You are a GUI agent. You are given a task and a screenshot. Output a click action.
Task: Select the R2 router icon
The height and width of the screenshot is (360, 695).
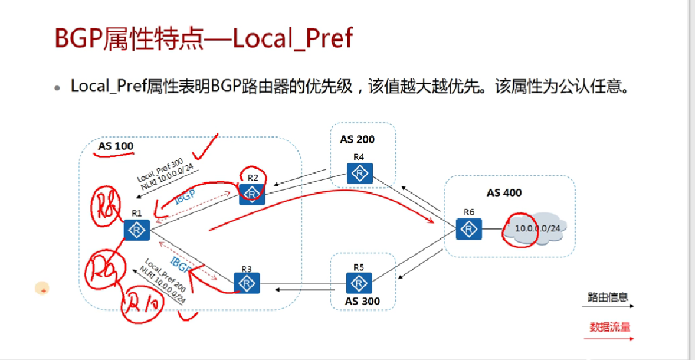[252, 193]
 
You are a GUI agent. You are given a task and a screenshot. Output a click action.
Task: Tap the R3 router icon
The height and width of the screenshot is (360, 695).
[246, 283]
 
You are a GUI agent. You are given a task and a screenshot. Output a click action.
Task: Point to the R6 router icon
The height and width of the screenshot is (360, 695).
[469, 228]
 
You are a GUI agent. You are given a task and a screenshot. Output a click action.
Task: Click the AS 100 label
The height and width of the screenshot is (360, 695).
[116, 146]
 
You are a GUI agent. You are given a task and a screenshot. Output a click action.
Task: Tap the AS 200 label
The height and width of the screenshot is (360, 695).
[357, 140]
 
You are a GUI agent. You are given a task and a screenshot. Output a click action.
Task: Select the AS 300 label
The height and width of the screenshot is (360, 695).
[362, 301]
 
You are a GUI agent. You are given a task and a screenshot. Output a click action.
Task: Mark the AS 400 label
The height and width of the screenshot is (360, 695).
[504, 192]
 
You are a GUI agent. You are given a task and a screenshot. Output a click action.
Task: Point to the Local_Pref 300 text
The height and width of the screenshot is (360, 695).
[160, 169]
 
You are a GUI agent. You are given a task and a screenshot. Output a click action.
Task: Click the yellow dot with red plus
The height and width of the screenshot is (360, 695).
[42, 289]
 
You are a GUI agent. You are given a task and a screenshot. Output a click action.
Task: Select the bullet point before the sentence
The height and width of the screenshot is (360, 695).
[57, 87]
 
